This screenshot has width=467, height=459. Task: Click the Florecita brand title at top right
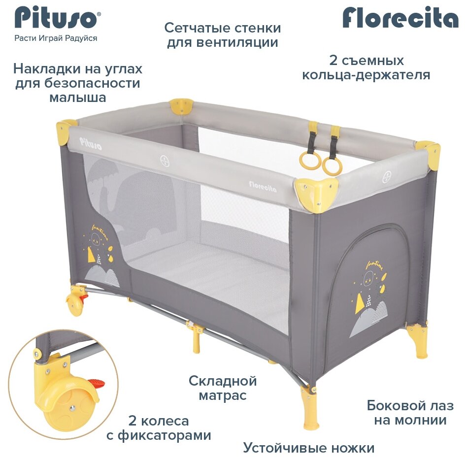coord(400,19)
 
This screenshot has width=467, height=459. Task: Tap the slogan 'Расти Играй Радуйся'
coord(56,38)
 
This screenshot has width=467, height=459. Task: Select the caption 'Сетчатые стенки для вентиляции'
coord(223,34)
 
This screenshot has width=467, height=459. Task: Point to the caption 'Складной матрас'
coord(223,388)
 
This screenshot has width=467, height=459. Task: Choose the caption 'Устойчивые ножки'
coord(308,448)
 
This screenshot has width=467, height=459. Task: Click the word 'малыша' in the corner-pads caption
coord(77,98)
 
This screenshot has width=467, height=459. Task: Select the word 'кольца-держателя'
coord(366,75)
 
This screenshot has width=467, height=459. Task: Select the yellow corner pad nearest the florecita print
coord(316,194)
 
